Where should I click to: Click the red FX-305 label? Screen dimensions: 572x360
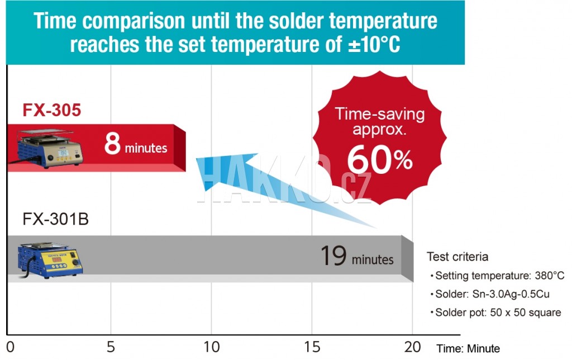(x=51, y=110)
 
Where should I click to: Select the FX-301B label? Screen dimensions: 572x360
(x=55, y=219)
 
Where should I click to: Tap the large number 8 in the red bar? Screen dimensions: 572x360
(x=112, y=144)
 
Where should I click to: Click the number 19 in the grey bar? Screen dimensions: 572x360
(x=333, y=255)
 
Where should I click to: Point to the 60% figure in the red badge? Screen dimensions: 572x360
(x=380, y=159)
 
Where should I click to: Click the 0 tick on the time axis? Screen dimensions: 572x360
(x=11, y=347)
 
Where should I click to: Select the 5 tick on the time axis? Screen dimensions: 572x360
(x=111, y=347)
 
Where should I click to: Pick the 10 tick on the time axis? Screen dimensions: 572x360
(x=212, y=347)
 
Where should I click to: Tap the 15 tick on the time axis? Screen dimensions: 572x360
(x=312, y=347)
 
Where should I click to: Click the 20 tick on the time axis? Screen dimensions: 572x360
(x=413, y=347)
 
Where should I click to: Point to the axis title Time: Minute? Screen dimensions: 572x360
(x=468, y=348)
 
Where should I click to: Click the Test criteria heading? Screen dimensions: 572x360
(x=457, y=257)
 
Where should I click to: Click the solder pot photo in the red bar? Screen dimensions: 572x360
(x=50, y=148)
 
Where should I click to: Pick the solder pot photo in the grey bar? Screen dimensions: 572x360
(x=50, y=260)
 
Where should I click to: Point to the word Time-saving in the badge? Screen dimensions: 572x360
(x=380, y=114)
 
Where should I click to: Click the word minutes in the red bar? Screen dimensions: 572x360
(x=146, y=148)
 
